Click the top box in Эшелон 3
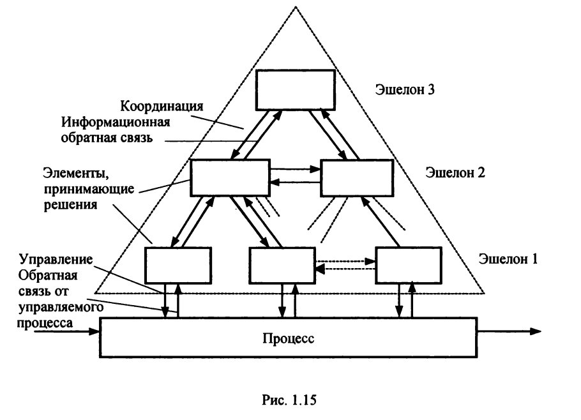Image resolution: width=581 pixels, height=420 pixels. (296, 89)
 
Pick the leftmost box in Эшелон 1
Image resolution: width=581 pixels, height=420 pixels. (178, 265)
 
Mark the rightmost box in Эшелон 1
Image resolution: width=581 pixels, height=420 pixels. (408, 265)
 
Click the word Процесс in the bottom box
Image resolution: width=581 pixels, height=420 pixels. (287, 336)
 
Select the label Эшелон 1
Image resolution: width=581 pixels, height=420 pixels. (506, 259)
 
